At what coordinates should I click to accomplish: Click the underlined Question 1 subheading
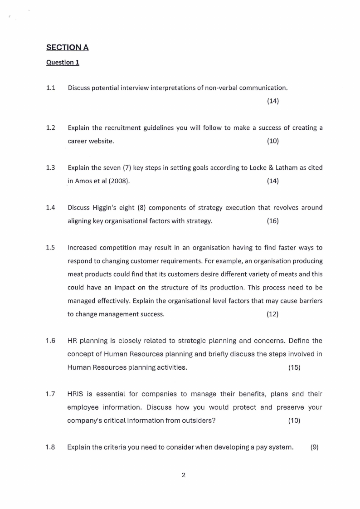(63, 62)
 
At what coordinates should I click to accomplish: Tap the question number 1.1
(50, 88)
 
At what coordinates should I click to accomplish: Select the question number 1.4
(50, 207)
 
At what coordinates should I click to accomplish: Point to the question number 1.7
(50, 394)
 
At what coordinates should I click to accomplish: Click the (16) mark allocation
(272, 221)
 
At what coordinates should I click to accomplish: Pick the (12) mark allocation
(272, 314)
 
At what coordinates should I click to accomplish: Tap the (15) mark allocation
(294, 367)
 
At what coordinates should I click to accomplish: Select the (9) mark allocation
(315, 447)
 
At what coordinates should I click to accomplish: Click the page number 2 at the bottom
(183, 475)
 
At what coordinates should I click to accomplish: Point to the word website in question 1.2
(101, 141)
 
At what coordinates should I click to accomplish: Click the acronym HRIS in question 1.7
(76, 394)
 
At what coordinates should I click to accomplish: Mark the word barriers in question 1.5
(309, 301)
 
